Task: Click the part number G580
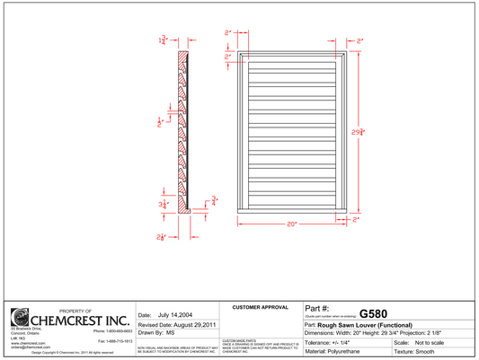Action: coord(373,314)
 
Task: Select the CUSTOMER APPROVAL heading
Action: coord(259,308)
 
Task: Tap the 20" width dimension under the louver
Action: coord(292,224)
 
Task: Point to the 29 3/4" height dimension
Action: coord(358,131)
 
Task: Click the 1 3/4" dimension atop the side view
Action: coord(163,41)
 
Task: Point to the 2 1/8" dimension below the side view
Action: coord(161,237)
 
